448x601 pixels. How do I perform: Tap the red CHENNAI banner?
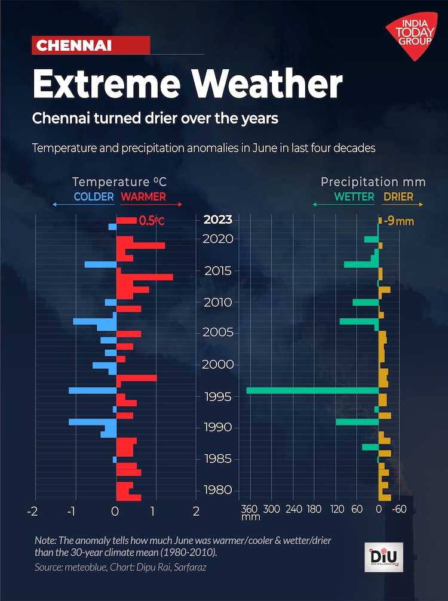tap(90, 45)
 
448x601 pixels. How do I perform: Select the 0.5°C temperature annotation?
tap(151, 221)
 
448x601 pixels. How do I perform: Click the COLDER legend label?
tap(94, 196)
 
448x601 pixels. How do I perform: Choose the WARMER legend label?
tap(143, 196)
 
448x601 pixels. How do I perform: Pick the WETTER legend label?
tap(354, 196)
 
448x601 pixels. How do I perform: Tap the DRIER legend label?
tap(398, 196)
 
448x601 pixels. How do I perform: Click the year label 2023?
tap(218, 220)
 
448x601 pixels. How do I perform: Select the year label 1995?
tap(218, 396)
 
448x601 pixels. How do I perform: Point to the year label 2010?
tap(218, 302)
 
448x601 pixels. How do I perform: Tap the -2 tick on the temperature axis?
tap(33, 511)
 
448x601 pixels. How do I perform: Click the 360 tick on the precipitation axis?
tap(249, 509)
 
